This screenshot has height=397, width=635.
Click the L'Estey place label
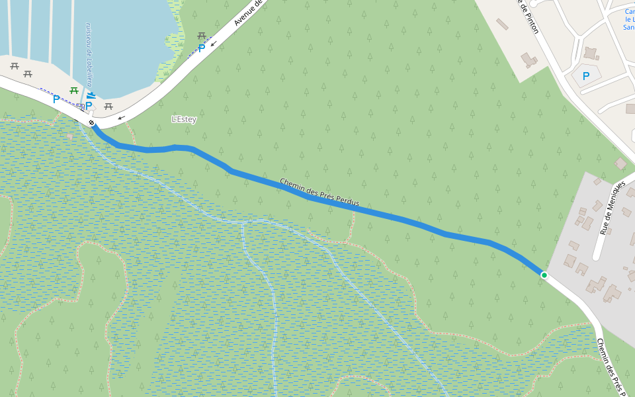(184, 119)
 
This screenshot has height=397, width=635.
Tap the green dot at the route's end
(544, 275)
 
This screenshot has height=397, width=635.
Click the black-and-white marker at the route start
(91, 123)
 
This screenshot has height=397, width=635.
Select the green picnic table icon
(74, 91)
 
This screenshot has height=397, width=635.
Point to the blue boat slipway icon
(91, 95)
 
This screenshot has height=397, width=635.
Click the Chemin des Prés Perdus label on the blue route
(319, 192)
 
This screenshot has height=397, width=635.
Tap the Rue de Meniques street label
(612, 208)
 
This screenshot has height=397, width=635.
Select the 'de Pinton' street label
(528, 17)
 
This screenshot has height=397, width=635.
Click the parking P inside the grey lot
(585, 76)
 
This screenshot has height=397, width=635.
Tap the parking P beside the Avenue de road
(201, 48)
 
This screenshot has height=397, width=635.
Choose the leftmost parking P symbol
(56, 99)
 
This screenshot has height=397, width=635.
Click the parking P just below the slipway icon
(88, 106)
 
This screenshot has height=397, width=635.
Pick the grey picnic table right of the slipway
(108, 106)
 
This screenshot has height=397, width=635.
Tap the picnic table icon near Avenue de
(202, 36)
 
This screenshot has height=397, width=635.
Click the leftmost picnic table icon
(14, 66)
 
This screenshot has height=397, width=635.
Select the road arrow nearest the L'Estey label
(121, 118)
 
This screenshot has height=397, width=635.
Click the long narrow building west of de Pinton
(502, 24)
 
